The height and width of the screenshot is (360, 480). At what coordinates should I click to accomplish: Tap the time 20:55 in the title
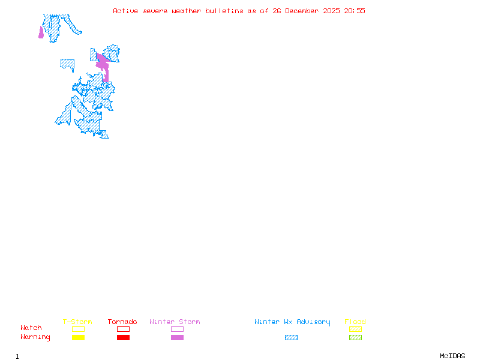[x=355, y=11]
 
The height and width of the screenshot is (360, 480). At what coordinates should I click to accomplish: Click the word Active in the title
[x=124, y=11]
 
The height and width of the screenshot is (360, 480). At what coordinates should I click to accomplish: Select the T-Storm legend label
[x=77, y=322]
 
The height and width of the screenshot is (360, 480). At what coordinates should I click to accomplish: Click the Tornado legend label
[x=122, y=322]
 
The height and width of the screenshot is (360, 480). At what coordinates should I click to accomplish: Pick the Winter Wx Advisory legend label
[x=292, y=322]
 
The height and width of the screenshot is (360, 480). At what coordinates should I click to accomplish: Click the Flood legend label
[x=355, y=322]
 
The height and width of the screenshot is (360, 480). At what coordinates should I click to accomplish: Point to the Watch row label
[x=31, y=328]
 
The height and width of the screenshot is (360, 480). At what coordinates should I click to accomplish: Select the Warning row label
[x=35, y=337]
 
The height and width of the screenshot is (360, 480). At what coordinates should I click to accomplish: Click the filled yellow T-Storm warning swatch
[x=78, y=338]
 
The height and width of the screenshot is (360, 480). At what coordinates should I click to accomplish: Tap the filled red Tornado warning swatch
[x=123, y=338]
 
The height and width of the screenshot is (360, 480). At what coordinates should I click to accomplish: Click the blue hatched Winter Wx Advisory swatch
[x=291, y=338]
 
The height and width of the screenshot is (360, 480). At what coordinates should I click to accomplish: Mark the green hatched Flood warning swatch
[x=355, y=338]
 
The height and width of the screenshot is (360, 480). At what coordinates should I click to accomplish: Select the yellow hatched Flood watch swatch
[x=355, y=329]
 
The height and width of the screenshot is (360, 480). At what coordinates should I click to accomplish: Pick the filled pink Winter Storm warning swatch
[x=177, y=338]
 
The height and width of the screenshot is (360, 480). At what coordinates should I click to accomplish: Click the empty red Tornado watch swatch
[x=123, y=329]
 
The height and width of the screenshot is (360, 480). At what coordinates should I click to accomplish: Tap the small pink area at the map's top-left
[x=41, y=33]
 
